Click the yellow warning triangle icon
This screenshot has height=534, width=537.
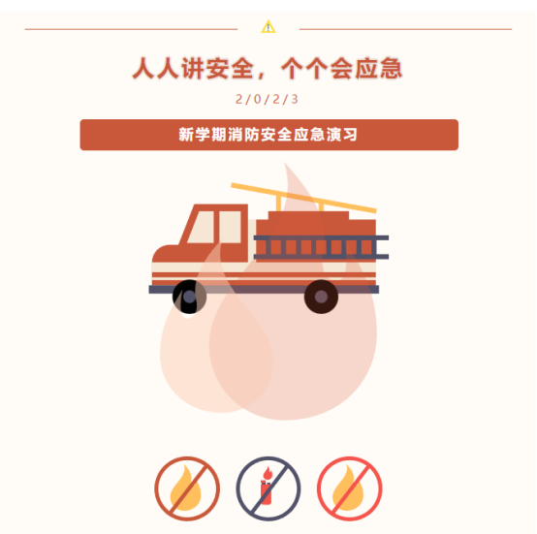pyautogui.click(x=268, y=27)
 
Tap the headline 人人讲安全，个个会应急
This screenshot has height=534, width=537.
pyautogui.click(x=268, y=69)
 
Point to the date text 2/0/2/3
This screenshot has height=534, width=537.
pyautogui.click(x=267, y=99)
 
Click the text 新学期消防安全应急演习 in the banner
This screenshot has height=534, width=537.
pyautogui.click(x=268, y=135)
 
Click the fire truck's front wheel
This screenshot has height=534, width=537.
pyautogui.click(x=189, y=297)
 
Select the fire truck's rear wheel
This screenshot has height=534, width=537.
pyautogui.click(x=321, y=297)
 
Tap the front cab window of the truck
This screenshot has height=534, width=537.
pyautogui.click(x=201, y=228)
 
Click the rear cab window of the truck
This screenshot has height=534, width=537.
pyautogui.click(x=230, y=228)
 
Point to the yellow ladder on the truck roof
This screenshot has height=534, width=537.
pyautogui.click(x=303, y=198)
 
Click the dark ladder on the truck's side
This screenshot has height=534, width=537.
pyautogui.click(x=321, y=247)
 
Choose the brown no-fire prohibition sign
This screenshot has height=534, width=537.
pyautogui.click(x=187, y=488)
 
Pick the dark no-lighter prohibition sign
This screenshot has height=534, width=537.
pyautogui.click(x=268, y=488)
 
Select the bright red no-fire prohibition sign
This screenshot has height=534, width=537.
pyautogui.click(x=349, y=488)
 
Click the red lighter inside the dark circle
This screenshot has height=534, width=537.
pyautogui.click(x=267, y=487)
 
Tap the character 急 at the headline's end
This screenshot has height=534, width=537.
pyautogui.click(x=391, y=69)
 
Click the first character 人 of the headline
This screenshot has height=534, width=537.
pyautogui.click(x=144, y=69)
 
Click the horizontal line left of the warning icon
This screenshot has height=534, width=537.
pyautogui.click(x=131, y=29)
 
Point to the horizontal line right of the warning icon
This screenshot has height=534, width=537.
pyautogui.click(x=405, y=29)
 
